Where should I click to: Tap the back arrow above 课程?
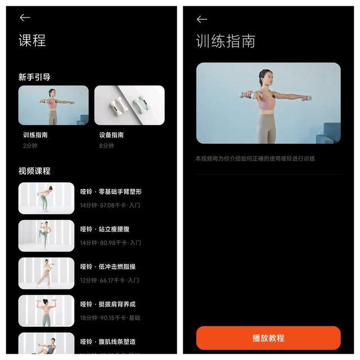click(24, 18)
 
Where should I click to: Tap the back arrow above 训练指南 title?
click(201, 19)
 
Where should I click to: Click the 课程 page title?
click(32, 40)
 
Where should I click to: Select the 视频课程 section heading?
click(34, 171)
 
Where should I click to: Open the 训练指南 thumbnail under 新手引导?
click(53, 105)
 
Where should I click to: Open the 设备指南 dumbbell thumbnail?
click(129, 105)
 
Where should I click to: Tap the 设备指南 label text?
click(111, 135)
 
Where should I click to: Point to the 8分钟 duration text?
click(107, 146)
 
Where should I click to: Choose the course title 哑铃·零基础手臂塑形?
click(111, 192)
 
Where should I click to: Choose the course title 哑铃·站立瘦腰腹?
click(105, 229)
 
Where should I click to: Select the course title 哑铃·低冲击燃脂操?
click(107, 267)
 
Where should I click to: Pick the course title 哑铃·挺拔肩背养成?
click(107, 304)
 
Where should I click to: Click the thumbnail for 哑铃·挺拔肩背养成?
click(46, 311)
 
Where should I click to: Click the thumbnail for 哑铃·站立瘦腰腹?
click(46, 236)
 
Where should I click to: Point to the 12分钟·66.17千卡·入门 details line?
click(109, 280)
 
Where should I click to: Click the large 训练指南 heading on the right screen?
click(226, 41)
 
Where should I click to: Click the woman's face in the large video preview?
click(265, 76)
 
